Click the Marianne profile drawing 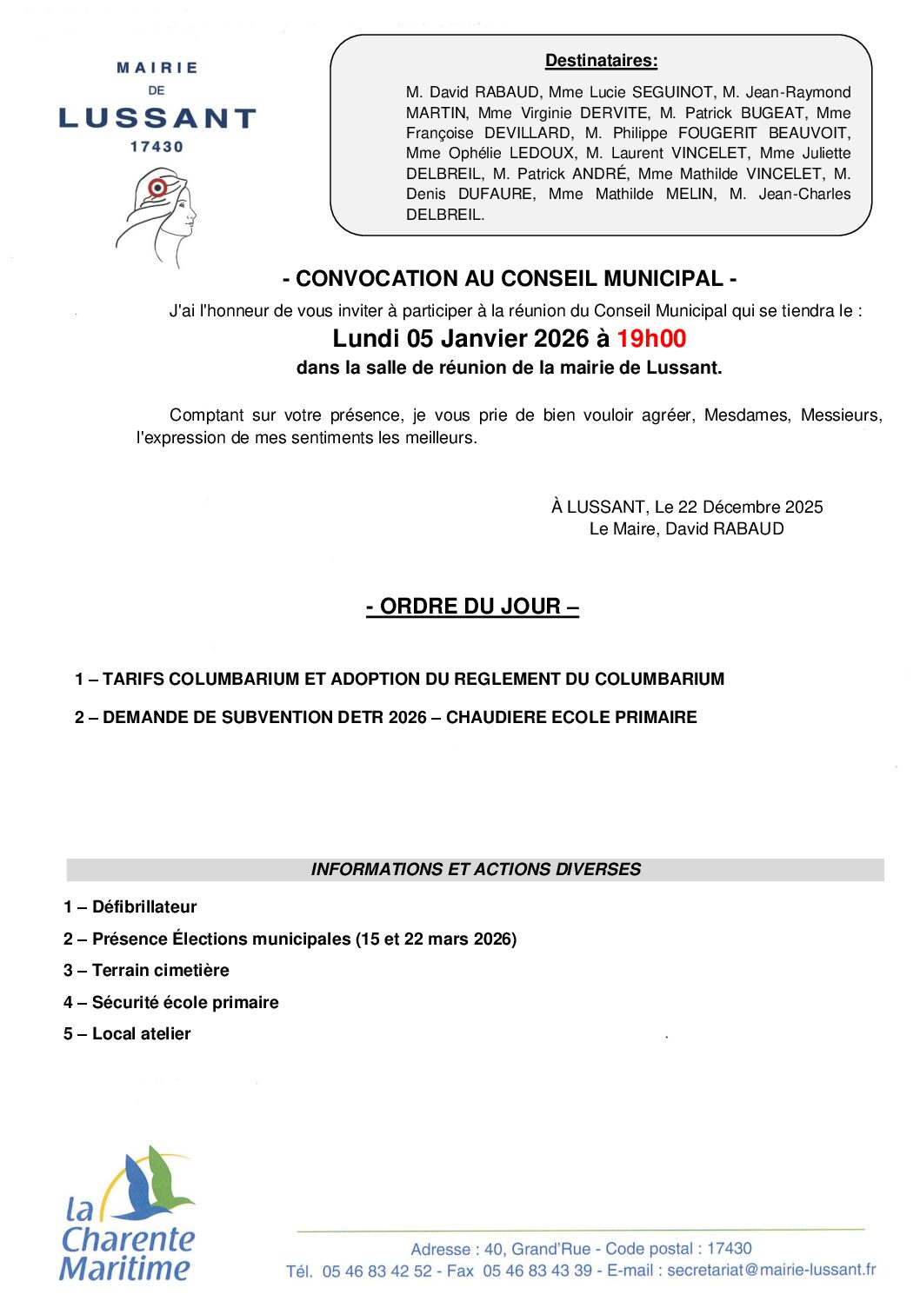pos(159,216)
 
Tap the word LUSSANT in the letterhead pos(157,118)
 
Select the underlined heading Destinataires pos(601,61)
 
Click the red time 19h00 pos(651,339)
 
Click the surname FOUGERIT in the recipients pos(717,133)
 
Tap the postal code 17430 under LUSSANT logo pos(157,147)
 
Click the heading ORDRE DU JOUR pos(472,607)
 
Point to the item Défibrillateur pos(144,907)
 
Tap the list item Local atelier pos(141,1034)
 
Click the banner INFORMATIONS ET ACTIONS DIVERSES pos(476,870)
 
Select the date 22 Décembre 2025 pos(750,508)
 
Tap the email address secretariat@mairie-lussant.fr pos(771,1270)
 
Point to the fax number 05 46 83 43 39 pos(537,1271)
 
